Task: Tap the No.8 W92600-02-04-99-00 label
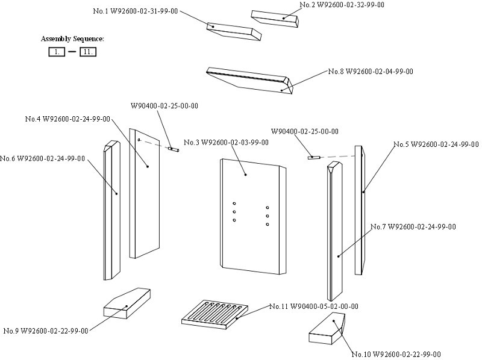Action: coord(371,72)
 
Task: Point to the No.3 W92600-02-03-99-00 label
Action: coord(234,143)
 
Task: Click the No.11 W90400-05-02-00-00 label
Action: coord(313,306)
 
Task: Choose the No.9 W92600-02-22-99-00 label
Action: coord(46,331)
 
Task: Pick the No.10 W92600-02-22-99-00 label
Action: coord(396,354)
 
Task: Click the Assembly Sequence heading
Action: coord(72,39)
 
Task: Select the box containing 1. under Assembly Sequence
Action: coord(57,52)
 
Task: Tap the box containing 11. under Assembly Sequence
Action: coord(88,52)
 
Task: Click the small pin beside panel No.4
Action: coord(174,149)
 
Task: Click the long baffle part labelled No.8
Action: coord(250,80)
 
